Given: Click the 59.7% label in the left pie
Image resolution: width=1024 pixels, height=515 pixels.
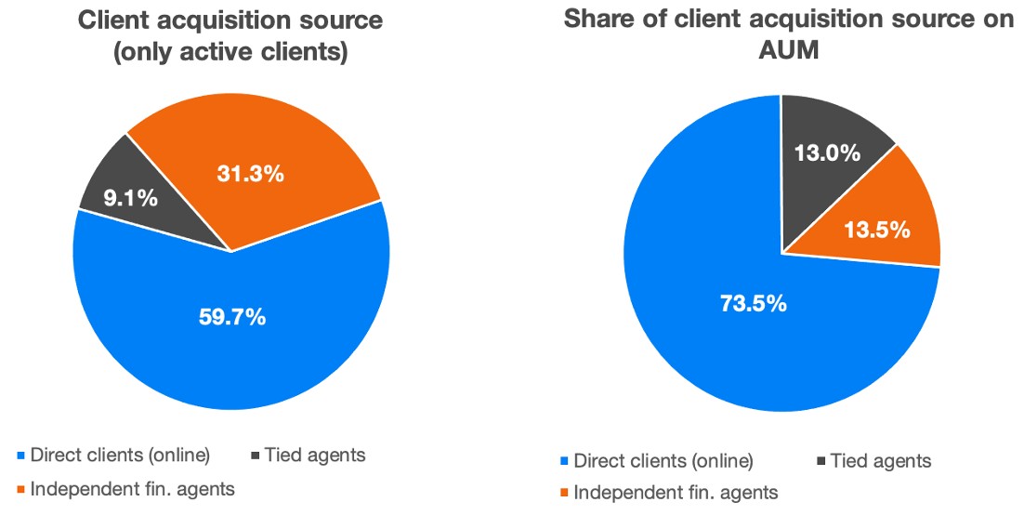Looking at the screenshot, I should coord(232,317).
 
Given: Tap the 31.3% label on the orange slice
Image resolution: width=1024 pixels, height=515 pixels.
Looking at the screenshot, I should coord(249,173).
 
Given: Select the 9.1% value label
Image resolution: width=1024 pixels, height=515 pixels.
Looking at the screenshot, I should coord(131,197).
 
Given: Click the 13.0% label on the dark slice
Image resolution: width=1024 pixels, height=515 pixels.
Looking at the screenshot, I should coord(827,152).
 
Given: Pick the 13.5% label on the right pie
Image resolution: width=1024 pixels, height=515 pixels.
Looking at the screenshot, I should coord(876,229).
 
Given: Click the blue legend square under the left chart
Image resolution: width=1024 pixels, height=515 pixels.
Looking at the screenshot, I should coord(21,456).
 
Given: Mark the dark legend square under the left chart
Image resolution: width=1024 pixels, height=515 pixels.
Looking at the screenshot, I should coord(256,456).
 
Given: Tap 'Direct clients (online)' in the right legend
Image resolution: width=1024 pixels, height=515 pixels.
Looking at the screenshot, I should coord(663,460).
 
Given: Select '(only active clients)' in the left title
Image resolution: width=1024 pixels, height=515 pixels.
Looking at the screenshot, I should coord(230,54).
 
